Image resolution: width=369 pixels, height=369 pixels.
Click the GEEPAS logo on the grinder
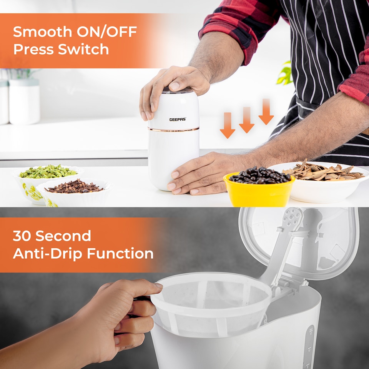click(178, 119)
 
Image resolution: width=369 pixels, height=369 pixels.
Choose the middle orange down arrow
click(247, 120)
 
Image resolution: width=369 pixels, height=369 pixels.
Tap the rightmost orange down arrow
click(266, 111)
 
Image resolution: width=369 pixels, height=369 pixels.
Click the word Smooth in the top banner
click(42, 32)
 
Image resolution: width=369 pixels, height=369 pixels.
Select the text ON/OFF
click(106, 32)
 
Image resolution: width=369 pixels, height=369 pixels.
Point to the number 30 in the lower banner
click(22, 236)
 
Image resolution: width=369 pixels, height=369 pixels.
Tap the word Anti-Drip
click(48, 253)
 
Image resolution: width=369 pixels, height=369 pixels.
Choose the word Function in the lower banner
click(120, 253)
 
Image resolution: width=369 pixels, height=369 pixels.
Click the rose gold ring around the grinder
click(174, 129)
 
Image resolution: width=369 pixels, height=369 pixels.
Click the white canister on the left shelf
click(24, 101)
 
